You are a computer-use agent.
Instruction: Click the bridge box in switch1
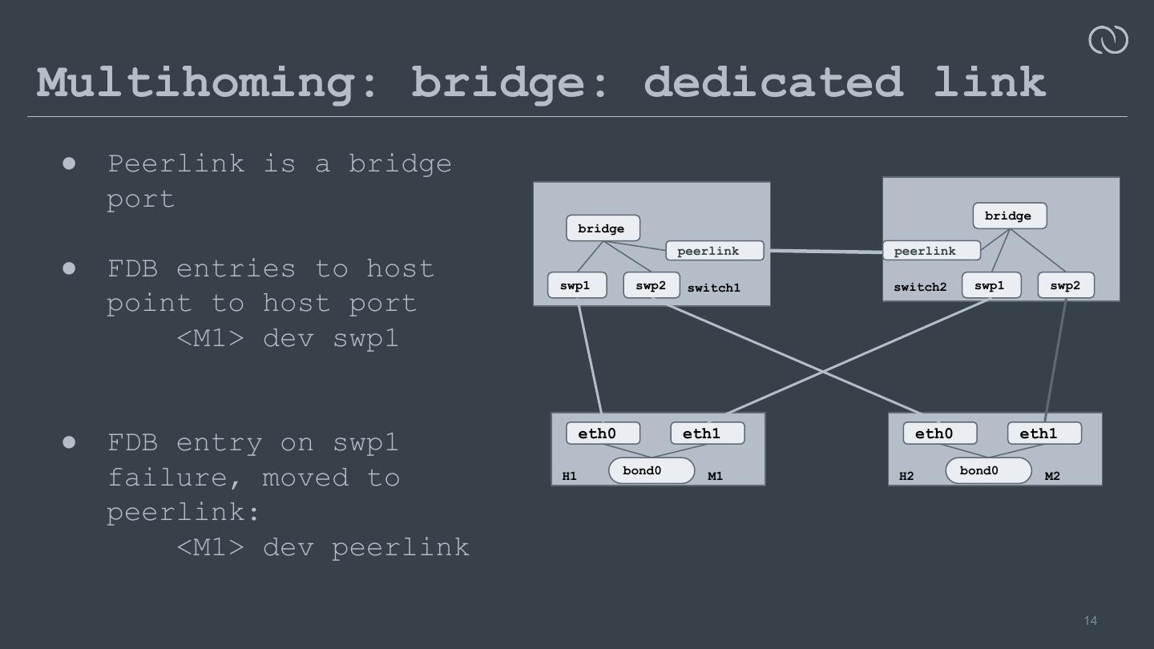(603, 228)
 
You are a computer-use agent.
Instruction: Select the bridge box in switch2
(1009, 216)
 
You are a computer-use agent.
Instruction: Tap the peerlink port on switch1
(714, 251)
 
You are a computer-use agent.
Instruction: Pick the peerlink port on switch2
(930, 251)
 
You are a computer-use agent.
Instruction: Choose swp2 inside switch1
(652, 285)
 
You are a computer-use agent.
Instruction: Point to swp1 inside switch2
(991, 285)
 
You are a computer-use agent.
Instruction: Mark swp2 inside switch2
(1066, 285)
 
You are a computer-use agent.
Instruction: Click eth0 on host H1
(603, 433)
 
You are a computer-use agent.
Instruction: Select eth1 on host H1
(707, 433)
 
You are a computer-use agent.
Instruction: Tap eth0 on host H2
(940, 433)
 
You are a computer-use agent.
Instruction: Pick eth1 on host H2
(1044, 433)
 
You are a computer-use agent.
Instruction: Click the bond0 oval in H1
(651, 470)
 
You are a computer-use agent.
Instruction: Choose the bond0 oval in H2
(988, 470)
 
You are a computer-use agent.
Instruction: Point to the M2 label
(1052, 476)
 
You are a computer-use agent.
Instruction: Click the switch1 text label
(714, 288)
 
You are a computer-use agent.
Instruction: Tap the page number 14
(1091, 620)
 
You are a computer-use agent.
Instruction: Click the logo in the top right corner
(1108, 39)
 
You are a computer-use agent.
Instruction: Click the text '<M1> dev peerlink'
(322, 546)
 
